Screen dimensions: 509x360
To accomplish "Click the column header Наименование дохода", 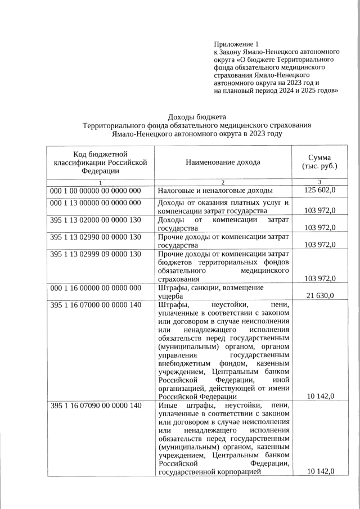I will click(x=223, y=163).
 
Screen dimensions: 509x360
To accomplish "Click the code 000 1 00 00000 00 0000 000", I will click(x=95, y=191).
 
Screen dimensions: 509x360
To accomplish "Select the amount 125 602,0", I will click(x=320, y=191).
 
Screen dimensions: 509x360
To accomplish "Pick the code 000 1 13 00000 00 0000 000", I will click(x=95, y=202).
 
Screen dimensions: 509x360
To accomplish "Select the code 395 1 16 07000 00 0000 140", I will click(x=95, y=305).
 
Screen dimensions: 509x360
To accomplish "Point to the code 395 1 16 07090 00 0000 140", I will click(x=95, y=406).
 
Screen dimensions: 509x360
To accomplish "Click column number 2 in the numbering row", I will click(x=223, y=182).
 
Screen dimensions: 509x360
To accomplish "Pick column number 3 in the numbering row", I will click(x=319, y=182).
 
